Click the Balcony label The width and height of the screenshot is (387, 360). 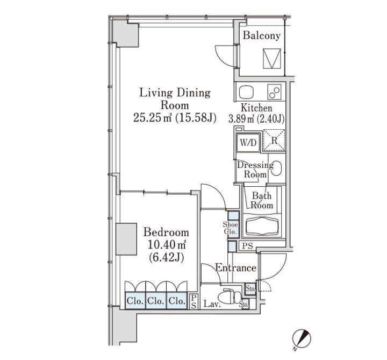point(262,36)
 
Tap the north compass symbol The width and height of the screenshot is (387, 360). point(302,339)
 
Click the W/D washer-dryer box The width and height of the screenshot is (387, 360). point(248,143)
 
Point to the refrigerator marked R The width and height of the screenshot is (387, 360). point(274,140)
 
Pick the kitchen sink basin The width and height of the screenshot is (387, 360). point(246,93)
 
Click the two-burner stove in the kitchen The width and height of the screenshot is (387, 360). point(274,92)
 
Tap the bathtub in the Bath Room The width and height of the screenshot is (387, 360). point(262,225)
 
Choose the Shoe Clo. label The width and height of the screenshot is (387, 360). point(230,228)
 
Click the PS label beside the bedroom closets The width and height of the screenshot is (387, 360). point(193,301)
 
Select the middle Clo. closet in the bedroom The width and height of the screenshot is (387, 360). point(156,301)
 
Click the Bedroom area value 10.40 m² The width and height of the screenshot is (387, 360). point(167,245)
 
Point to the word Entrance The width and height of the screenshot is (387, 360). point(235,268)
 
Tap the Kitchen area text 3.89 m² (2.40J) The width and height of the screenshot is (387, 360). point(256,119)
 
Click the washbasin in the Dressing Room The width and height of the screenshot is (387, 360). point(277,168)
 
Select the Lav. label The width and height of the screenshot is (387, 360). point(212,304)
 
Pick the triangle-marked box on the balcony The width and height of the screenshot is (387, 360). point(272,59)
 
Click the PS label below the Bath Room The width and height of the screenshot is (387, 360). point(247,246)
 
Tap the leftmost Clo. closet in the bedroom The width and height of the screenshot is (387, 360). point(135,301)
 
